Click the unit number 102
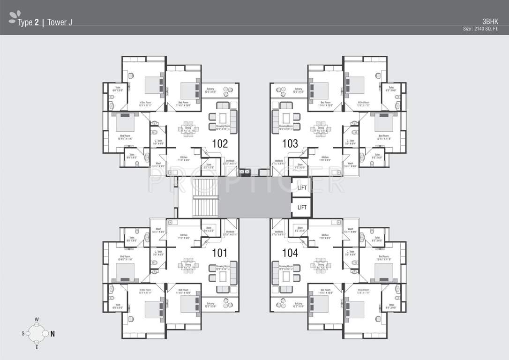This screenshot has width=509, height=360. (x=219, y=143)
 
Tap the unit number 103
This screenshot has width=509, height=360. (x=290, y=143)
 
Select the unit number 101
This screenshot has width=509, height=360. (x=219, y=253)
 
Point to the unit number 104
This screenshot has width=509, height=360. (x=290, y=253)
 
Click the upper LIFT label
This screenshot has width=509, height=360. (x=302, y=187)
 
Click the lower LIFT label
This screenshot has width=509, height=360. (x=302, y=207)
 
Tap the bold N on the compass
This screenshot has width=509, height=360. (x=53, y=334)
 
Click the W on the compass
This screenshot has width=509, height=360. (x=37, y=320)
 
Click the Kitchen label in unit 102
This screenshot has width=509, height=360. (x=183, y=157)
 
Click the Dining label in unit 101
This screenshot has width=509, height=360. (x=188, y=265)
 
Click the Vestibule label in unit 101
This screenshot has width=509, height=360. (x=230, y=232)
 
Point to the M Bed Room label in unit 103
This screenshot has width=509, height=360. (x=364, y=102)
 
